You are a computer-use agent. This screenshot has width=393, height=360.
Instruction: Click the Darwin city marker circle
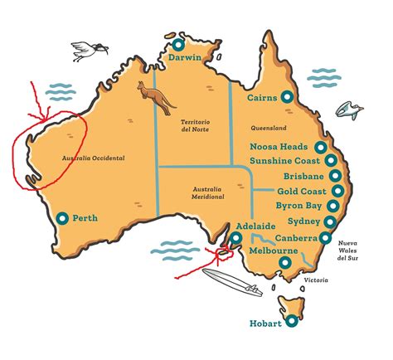179,43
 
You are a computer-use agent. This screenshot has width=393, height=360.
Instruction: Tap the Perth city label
85,219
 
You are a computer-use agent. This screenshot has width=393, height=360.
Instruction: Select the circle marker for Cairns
287,97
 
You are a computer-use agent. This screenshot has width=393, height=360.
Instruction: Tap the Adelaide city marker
236,237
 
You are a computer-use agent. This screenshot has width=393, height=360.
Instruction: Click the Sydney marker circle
333,222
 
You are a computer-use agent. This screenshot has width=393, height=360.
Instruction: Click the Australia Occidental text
91,158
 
